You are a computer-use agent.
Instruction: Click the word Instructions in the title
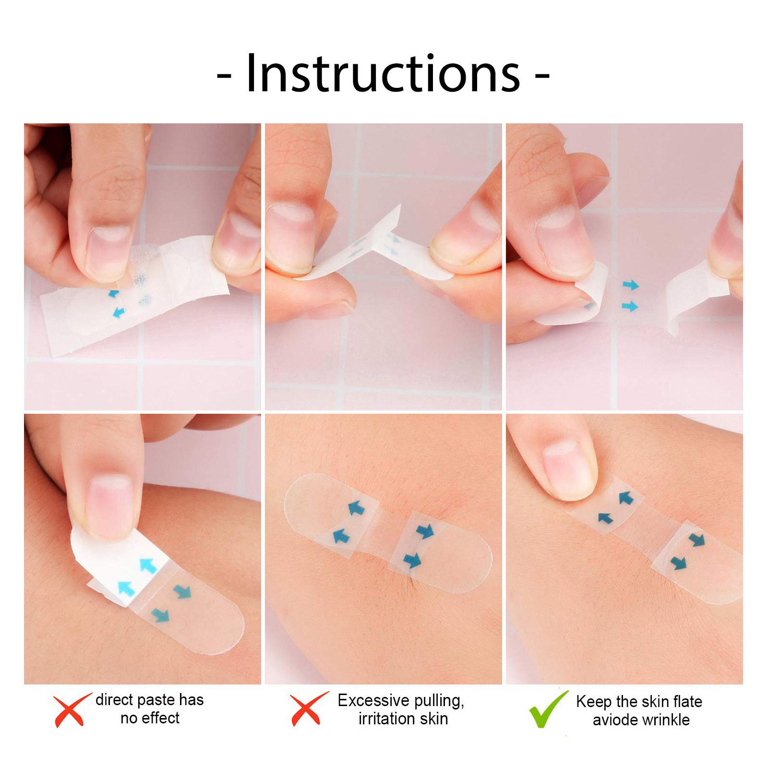pyautogui.click(x=383, y=74)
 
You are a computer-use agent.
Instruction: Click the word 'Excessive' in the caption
pyautogui.click(x=372, y=701)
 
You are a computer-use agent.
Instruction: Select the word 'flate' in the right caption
pyautogui.click(x=687, y=701)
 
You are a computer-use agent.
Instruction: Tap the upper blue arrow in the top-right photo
pyautogui.click(x=631, y=285)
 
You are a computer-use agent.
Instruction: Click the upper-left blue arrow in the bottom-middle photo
pyautogui.click(x=356, y=507)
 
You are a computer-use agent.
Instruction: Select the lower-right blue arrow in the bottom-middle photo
pyautogui.click(x=412, y=560)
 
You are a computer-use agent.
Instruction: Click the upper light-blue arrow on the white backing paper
pyautogui.click(x=148, y=566)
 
